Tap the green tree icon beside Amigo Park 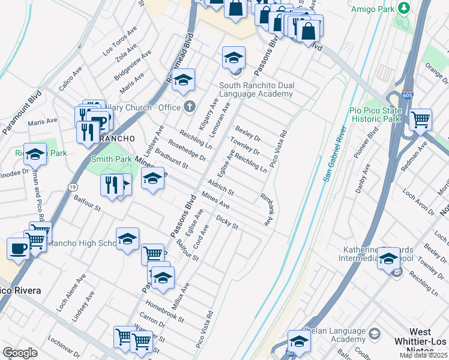(404, 7)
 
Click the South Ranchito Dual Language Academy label (256, 89)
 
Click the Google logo (20, 353)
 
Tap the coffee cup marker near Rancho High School (18, 248)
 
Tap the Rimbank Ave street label (266, 209)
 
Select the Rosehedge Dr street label (187, 149)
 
